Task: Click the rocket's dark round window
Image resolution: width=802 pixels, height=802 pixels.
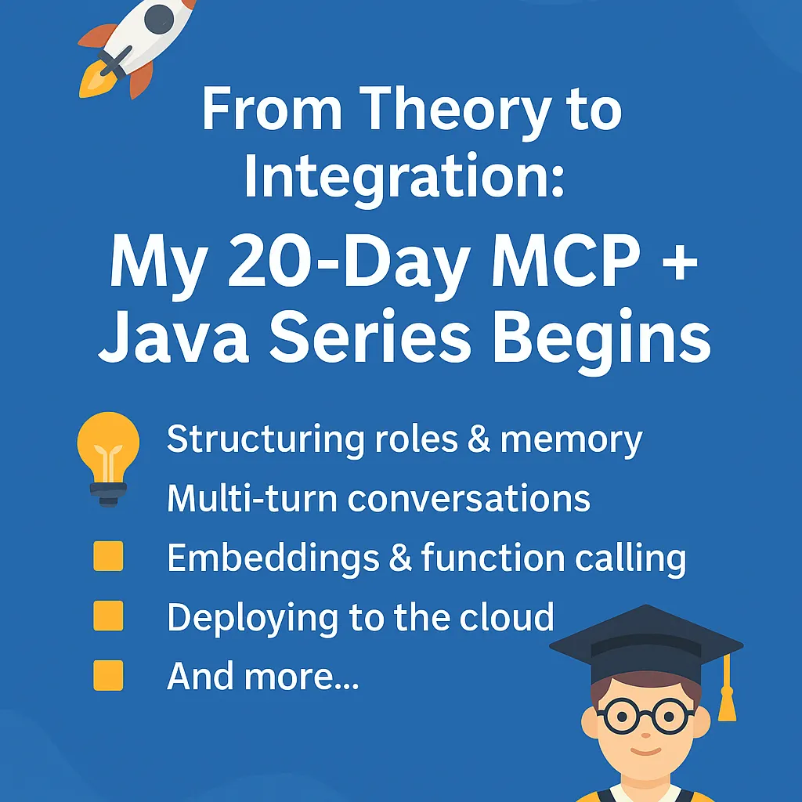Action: coord(160,16)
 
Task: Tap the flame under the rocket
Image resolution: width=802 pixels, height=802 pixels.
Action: coord(92,81)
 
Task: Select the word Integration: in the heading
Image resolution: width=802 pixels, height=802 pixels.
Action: coord(403,176)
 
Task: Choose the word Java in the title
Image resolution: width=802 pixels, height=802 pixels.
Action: coord(170,338)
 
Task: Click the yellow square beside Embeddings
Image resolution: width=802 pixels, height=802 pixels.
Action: coord(108,557)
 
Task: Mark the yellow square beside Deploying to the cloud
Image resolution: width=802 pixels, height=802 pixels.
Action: coord(108,616)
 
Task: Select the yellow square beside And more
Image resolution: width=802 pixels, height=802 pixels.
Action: coord(108,675)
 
